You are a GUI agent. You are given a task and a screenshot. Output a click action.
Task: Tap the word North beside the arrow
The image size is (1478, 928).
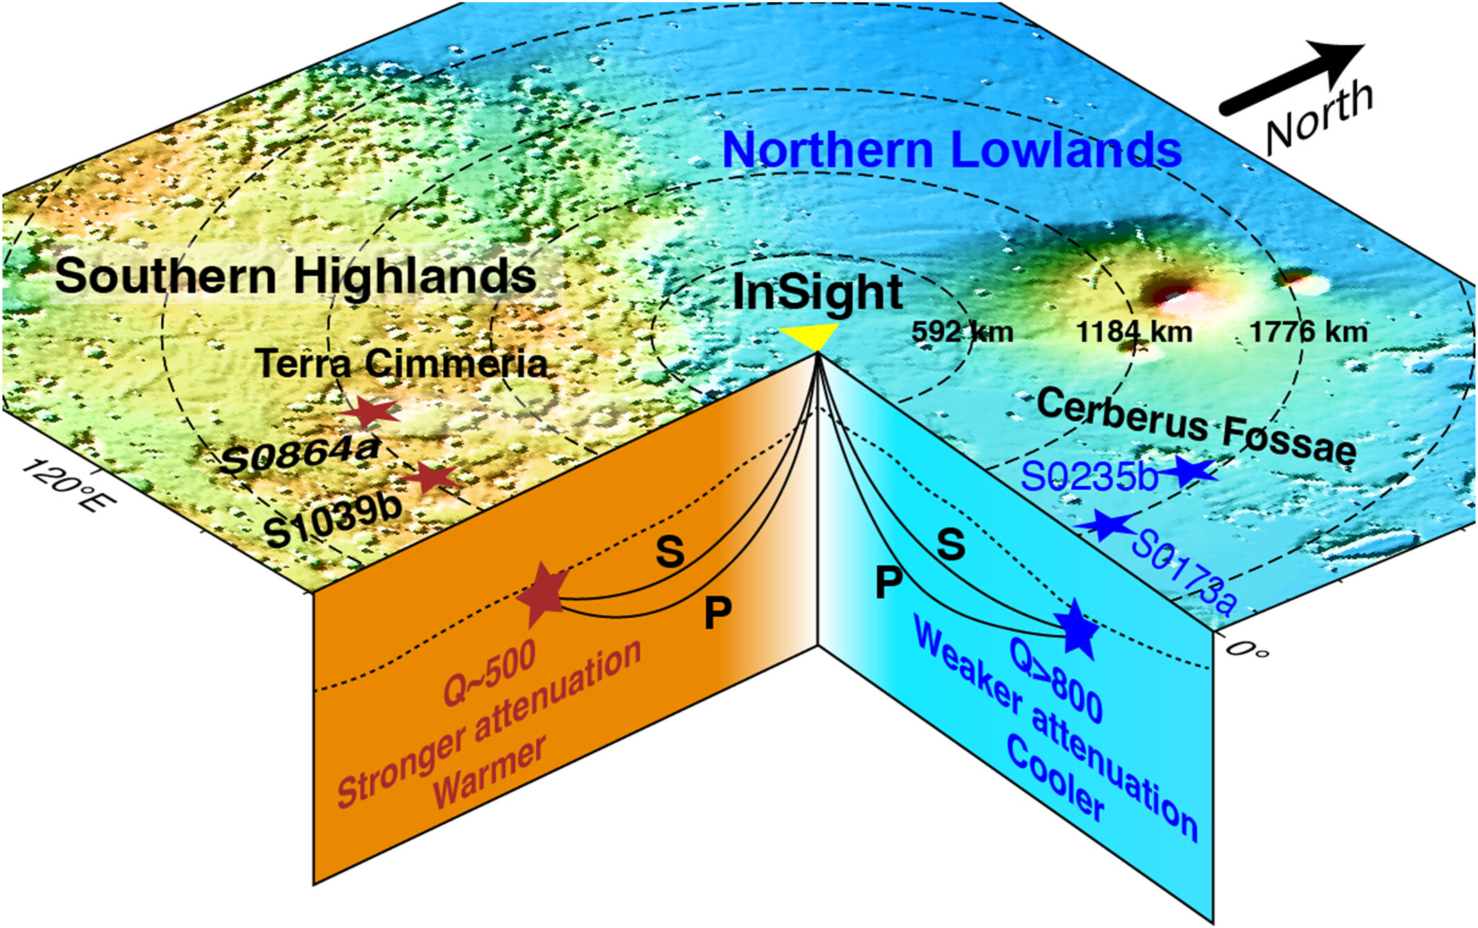pos(1318,117)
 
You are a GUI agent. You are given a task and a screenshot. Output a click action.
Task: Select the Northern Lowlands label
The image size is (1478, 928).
pos(952,149)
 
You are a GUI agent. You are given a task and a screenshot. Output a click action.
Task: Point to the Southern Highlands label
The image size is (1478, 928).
pos(296,277)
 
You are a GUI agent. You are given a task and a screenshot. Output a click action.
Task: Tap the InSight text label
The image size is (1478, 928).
pos(817,292)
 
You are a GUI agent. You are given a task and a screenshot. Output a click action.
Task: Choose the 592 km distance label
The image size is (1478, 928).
pos(962,331)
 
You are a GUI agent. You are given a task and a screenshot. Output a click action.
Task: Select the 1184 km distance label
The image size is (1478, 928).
pos(1134,331)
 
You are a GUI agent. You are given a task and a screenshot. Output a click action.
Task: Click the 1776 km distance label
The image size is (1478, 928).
pos(1309,331)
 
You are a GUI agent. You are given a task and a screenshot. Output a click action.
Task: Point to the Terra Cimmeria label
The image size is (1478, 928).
pos(401,363)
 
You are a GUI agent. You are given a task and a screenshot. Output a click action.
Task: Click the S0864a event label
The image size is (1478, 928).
pos(300,455)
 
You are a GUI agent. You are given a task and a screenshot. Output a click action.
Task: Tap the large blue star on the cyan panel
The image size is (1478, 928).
pos(1077,629)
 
